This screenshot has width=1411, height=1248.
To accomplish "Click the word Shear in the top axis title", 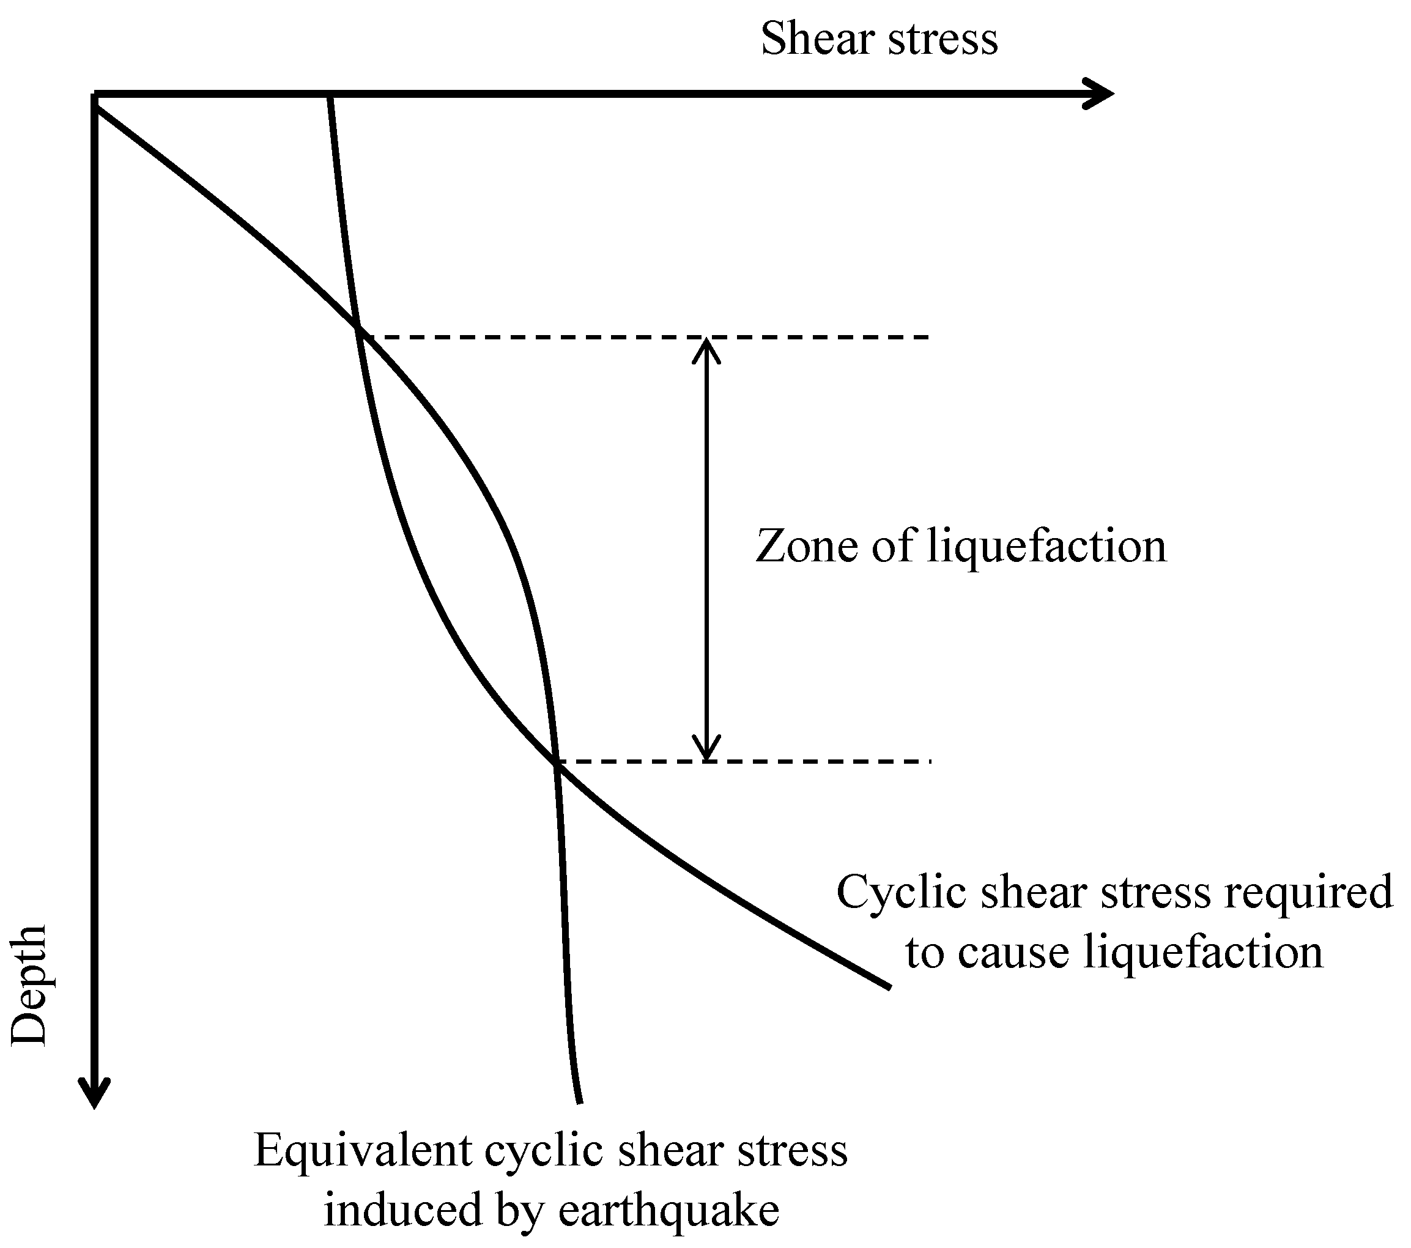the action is click(817, 39).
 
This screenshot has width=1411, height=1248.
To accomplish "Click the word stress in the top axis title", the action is click(943, 40).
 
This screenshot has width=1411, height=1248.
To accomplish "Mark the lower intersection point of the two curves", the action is click(557, 761).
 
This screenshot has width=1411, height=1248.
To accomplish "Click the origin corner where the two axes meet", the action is click(95, 95).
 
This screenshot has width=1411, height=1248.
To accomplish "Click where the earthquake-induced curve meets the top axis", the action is click(331, 97).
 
